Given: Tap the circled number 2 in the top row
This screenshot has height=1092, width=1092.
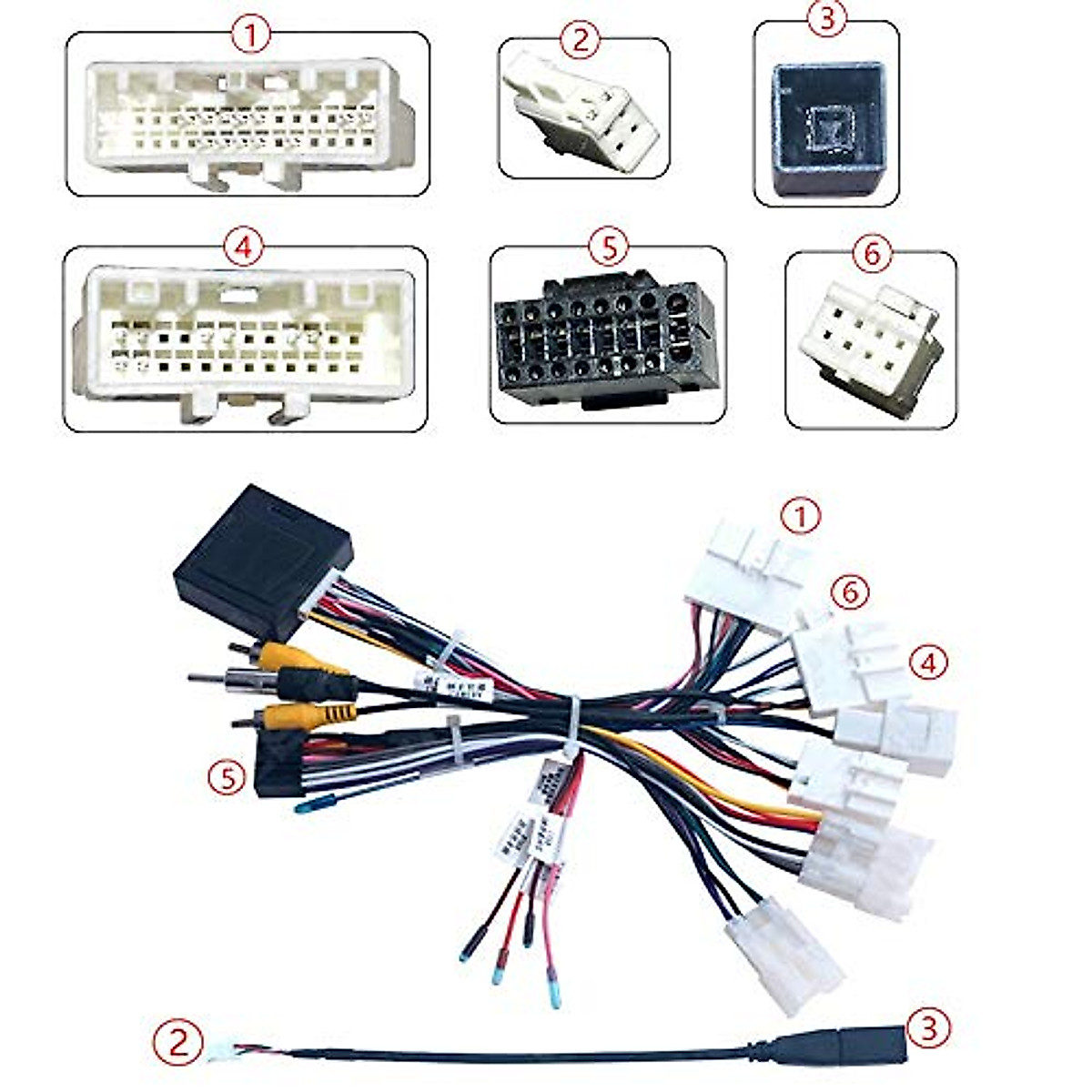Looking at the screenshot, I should click(x=582, y=39).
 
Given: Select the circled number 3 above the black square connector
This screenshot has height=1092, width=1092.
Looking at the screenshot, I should click(x=826, y=19).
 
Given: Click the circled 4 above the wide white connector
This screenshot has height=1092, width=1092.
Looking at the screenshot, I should click(x=243, y=248).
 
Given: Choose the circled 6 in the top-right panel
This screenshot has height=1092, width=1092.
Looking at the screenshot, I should click(x=871, y=255).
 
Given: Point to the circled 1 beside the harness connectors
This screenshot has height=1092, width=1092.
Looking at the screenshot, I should click(x=801, y=518).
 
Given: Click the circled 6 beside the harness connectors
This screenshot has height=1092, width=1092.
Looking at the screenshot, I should click(x=850, y=592).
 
